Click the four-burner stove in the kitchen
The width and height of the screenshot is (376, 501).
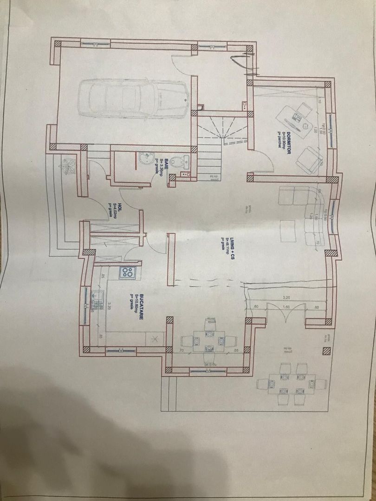pyautogui.click(x=128, y=273)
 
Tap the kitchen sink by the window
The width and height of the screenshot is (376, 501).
pyautogui.click(x=97, y=300)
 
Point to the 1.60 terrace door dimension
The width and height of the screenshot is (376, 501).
pyautogui.click(x=286, y=307)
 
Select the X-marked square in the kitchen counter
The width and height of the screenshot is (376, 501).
pyautogui.click(x=156, y=340)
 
